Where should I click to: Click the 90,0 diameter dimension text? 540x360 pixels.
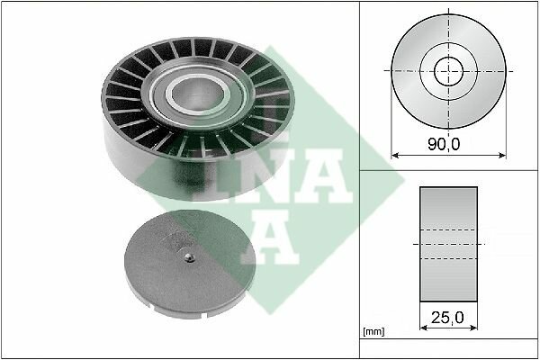tap(444, 144)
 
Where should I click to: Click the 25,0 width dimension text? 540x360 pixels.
tap(447, 318)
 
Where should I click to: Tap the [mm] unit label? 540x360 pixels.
tap(373, 332)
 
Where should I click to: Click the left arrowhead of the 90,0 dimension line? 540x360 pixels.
tap(395, 156)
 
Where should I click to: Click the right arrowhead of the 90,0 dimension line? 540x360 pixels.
tap(503, 156)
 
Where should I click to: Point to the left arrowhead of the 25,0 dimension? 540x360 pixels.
tap(423, 328)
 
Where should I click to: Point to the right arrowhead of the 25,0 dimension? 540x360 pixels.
tap(474, 328)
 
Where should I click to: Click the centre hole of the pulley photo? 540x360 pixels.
tap(198, 94)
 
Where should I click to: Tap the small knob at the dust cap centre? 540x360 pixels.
tap(188, 257)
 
